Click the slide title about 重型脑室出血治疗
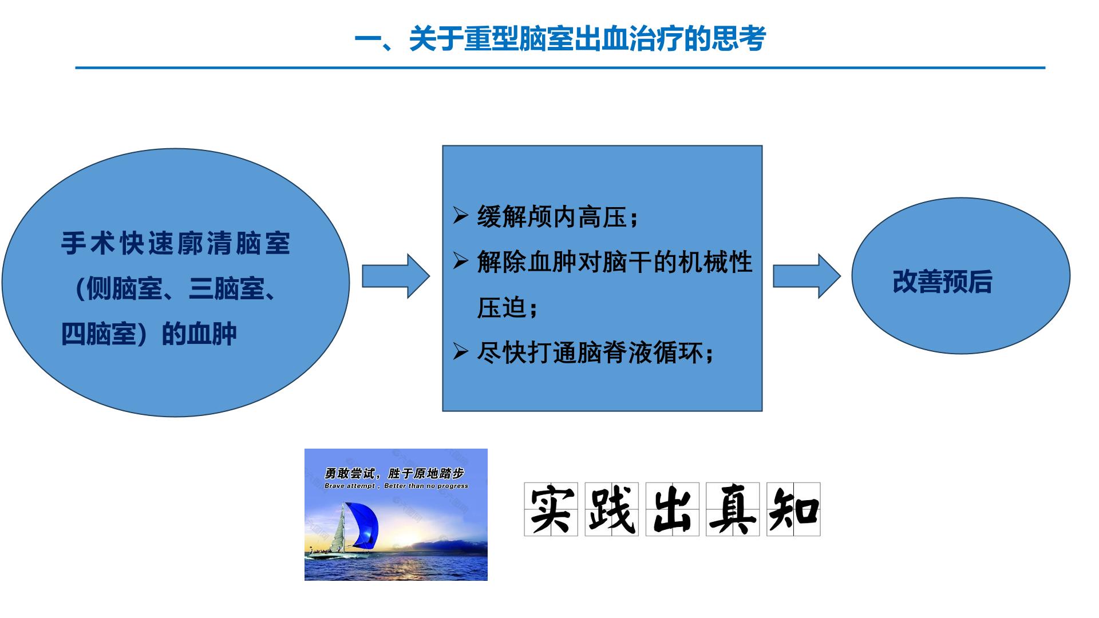pos(560,39)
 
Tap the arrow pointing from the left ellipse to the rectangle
pos(396,276)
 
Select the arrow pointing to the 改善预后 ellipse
pos(807,276)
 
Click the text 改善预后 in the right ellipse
pos(942,282)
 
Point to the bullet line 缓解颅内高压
pos(546,217)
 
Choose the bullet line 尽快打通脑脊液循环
pos(584,352)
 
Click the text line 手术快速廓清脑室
pos(176,243)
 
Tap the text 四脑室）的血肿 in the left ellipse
pos(149,334)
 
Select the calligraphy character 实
pos(551,509)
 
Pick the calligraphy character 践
pos(611,509)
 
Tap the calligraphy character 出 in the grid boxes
pos(672,509)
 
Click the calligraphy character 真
pos(733,509)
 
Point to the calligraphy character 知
pos(793,509)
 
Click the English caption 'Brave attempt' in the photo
pos(350,486)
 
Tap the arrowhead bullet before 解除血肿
pos(461,262)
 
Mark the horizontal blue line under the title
pos(560,68)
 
